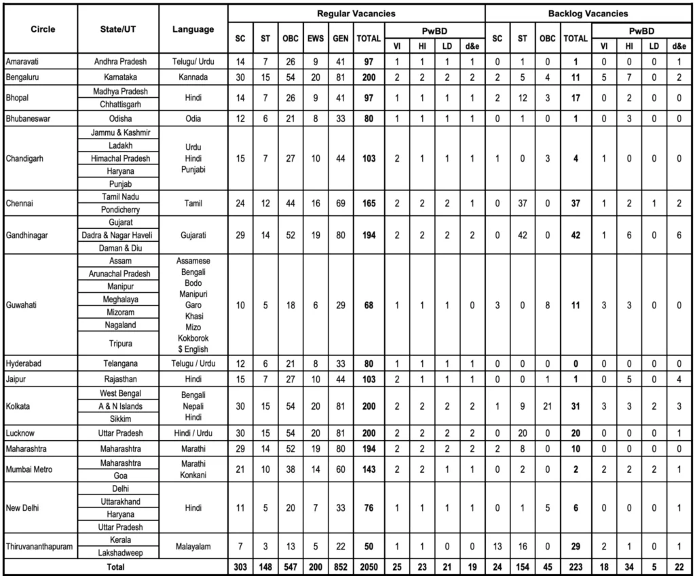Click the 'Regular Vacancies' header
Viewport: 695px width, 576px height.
(356, 13)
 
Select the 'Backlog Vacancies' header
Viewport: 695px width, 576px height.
(588, 13)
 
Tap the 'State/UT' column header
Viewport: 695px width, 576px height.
(119, 29)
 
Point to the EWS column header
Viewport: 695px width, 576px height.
(315, 39)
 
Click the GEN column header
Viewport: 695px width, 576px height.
(340, 39)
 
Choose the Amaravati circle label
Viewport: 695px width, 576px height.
(24, 61)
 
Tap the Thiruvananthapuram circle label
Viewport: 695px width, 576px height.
(40, 547)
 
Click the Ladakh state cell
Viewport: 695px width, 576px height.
(119, 145)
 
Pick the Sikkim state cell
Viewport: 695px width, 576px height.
(119, 419)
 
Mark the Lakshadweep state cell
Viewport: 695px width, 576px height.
(119, 553)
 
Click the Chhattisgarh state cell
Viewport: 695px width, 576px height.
(119, 103)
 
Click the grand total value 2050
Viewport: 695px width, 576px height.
(369, 566)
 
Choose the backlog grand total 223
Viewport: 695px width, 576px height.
(576, 566)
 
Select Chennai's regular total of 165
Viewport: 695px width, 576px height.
(369, 203)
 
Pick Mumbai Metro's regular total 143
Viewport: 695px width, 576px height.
(369, 469)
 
